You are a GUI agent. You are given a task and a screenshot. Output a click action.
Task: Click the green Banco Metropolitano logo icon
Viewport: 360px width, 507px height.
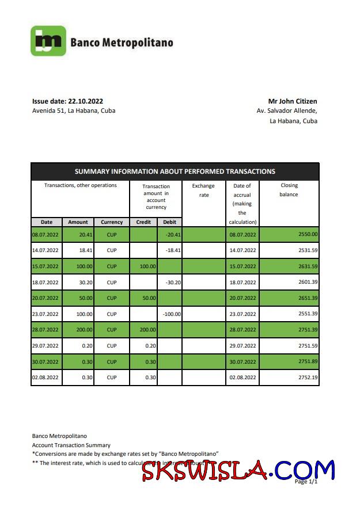48,41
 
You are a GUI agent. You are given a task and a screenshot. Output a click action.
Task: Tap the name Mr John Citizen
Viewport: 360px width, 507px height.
292,101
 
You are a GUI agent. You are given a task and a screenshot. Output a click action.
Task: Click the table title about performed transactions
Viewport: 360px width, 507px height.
175,171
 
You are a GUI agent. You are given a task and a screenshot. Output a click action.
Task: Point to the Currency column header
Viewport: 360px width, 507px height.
112,222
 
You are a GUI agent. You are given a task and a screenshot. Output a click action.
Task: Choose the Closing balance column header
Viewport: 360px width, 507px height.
289,190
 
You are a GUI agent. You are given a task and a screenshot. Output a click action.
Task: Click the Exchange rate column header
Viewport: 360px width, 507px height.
203,190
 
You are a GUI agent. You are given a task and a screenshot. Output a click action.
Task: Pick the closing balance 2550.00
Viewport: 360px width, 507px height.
308,234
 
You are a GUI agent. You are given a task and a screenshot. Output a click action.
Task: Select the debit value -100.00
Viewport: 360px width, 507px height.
171,314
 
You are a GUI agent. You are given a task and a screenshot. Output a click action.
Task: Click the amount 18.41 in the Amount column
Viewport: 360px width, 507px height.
79,250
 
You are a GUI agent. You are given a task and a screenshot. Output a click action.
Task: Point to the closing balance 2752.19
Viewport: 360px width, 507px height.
308,378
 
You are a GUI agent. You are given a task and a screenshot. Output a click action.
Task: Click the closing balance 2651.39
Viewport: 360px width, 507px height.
308,298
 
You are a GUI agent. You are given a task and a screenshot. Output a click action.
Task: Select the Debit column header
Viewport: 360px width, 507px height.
170,222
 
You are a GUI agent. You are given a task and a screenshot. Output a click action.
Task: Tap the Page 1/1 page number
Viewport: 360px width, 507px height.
306,481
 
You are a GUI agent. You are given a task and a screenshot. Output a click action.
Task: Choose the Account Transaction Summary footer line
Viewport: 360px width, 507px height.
71,445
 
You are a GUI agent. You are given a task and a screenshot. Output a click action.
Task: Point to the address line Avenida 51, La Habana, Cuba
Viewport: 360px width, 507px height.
74,110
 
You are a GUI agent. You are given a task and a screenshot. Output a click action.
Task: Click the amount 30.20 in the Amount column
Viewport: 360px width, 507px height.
79,283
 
